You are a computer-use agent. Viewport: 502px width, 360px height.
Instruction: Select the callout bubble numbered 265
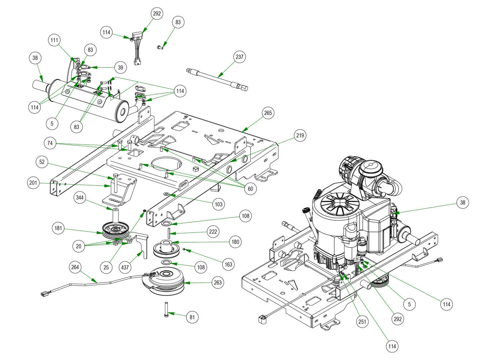coord(268,113)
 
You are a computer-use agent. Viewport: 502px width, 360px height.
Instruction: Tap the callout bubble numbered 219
coord(300,135)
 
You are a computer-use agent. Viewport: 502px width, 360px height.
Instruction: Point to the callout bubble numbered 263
coord(218,282)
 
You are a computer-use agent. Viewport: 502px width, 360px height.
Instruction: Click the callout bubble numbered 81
coord(192,317)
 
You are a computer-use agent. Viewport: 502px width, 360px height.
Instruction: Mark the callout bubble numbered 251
coord(363,322)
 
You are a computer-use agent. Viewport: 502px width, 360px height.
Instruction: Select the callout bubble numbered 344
coord(80,197)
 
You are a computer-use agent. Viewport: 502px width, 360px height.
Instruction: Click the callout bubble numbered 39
coord(120,67)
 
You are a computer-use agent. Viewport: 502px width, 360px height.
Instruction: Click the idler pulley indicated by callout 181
coord(114,230)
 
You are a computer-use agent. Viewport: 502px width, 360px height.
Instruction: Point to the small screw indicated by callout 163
coord(184,249)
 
